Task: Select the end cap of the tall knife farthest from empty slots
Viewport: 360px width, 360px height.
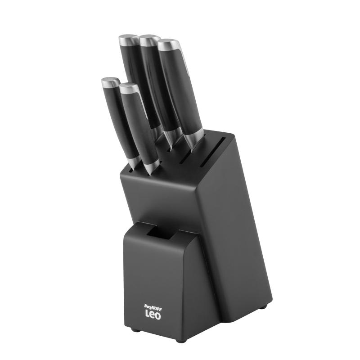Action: pyautogui.click(x=129, y=40)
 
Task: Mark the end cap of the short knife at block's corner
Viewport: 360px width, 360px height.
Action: pyautogui.click(x=110, y=83)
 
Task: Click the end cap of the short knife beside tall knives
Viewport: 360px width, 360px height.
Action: pyautogui.click(x=129, y=88)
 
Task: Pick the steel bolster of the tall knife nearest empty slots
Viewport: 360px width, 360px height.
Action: pyautogui.click(x=195, y=137)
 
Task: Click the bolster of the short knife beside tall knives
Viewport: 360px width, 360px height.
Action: pyautogui.click(x=151, y=167)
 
